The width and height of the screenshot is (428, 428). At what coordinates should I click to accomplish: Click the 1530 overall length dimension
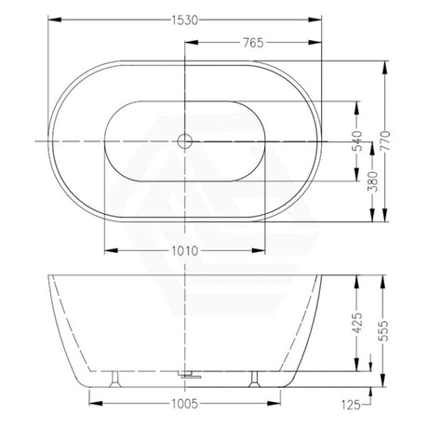(x=185, y=20)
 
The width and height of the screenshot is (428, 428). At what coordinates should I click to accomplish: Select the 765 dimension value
(x=253, y=43)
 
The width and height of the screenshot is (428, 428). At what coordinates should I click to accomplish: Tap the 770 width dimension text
(x=385, y=141)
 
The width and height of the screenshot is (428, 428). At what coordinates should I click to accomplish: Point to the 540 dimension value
(x=357, y=141)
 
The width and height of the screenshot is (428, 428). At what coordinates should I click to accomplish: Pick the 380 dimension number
(x=373, y=181)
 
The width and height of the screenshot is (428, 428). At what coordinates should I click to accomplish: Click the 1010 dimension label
(x=185, y=251)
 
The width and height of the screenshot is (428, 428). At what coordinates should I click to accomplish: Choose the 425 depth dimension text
(x=357, y=323)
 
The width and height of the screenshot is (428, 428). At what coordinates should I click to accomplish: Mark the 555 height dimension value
(x=384, y=331)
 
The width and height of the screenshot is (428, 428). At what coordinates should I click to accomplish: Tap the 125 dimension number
(x=351, y=405)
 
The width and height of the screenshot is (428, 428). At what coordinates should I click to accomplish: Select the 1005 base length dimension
(x=185, y=404)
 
